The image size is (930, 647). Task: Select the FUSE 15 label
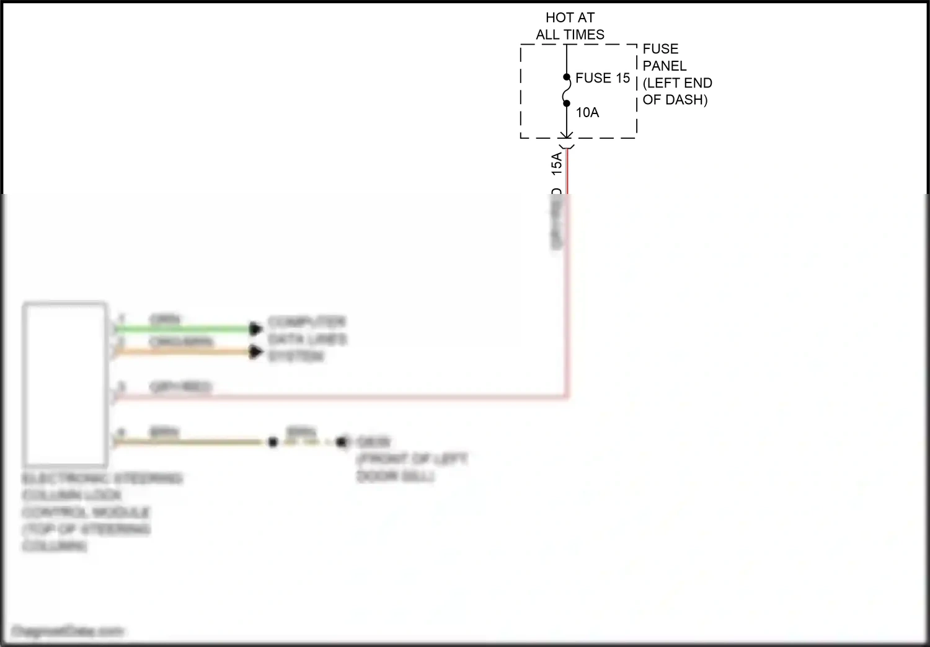click(x=602, y=78)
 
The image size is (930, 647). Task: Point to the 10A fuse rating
click(x=587, y=113)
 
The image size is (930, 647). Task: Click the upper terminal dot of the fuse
click(x=567, y=77)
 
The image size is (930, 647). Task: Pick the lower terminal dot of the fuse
click(x=567, y=103)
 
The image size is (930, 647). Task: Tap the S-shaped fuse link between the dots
click(x=567, y=90)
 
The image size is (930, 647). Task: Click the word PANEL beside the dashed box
click(x=664, y=66)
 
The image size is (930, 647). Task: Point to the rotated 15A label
click(x=557, y=162)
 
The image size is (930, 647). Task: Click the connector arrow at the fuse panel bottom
click(x=567, y=137)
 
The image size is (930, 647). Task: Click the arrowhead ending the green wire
click(x=256, y=328)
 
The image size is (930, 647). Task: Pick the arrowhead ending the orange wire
click(x=256, y=352)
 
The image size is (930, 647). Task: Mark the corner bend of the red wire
click(x=567, y=396)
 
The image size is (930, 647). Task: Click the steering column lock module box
click(x=65, y=384)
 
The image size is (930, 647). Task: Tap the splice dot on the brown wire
click(x=273, y=442)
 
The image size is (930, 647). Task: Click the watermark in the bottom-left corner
click(x=67, y=632)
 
